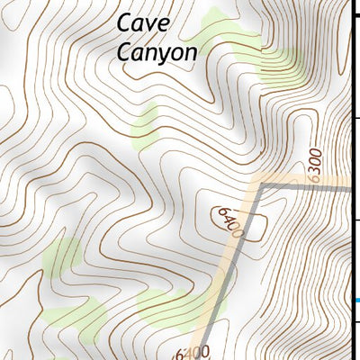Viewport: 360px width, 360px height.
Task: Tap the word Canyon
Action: click(x=157, y=52)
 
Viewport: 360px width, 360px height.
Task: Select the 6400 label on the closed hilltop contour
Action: click(x=230, y=221)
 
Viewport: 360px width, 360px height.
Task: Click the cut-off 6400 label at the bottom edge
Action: click(x=193, y=352)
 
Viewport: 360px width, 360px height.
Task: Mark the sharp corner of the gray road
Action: click(x=262, y=184)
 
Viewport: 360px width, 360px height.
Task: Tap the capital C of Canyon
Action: click(x=125, y=51)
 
